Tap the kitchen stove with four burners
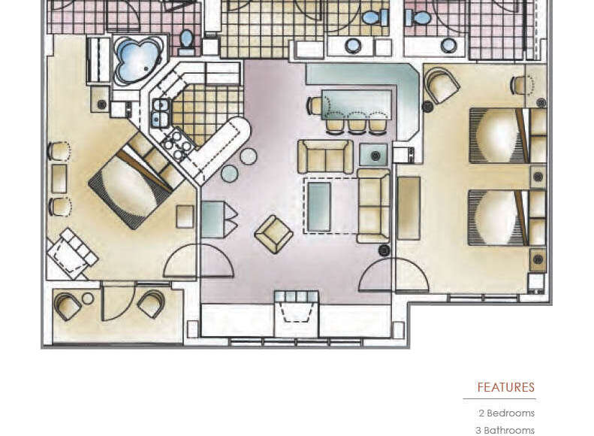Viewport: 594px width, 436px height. (176, 145)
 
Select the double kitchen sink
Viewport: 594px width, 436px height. (159, 113)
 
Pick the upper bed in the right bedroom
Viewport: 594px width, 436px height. (498, 135)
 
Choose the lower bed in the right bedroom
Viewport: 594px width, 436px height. (498, 217)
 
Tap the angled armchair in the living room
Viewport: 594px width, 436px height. (273, 234)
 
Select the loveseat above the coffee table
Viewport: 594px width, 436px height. (325, 156)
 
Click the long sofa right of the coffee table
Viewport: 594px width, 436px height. (373, 205)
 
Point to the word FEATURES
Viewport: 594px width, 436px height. (506, 388)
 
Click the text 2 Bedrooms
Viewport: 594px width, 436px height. (506, 413)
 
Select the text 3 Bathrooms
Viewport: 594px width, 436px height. (505, 430)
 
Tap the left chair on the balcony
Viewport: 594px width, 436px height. (68, 305)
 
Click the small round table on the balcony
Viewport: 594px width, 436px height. (88, 298)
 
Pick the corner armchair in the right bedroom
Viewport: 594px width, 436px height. (442, 86)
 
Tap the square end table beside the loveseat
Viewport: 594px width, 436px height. (373, 154)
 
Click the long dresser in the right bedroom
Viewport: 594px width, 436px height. (409, 208)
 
